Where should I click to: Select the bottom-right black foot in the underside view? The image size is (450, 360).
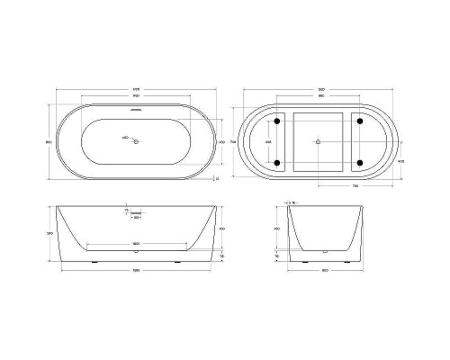point(360,162)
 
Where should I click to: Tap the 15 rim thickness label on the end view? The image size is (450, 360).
point(292,204)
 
